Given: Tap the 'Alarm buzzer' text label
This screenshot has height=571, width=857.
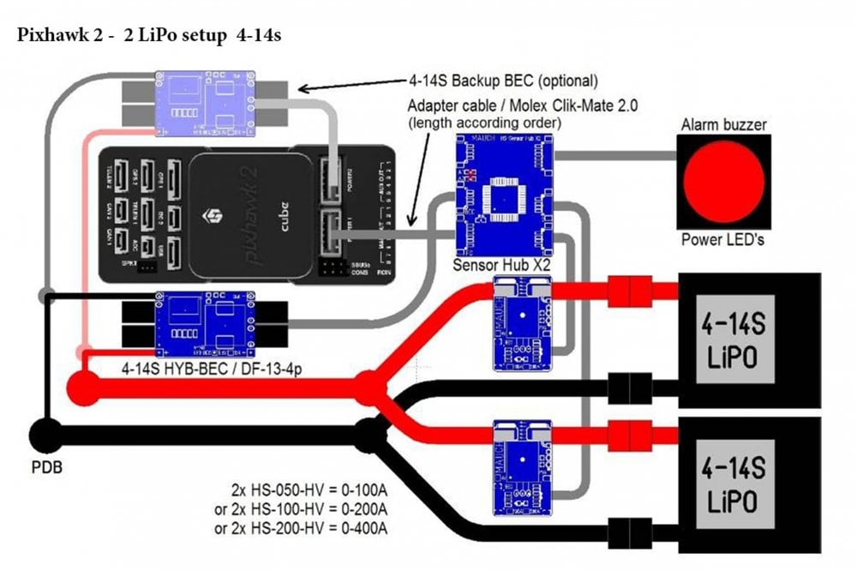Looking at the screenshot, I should click(723, 125).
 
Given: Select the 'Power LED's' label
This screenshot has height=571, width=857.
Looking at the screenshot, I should click(722, 239).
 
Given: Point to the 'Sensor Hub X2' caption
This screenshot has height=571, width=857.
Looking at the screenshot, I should click(501, 265).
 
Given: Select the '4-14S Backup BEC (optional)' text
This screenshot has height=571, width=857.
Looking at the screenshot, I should click(502, 81).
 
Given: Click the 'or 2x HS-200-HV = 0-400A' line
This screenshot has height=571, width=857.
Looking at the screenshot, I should click(301, 529).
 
